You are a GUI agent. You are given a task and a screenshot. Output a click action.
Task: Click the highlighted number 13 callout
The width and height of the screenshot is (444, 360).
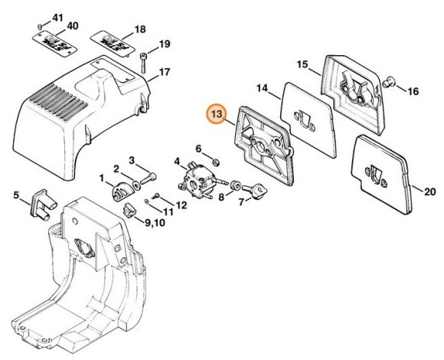point(217,114)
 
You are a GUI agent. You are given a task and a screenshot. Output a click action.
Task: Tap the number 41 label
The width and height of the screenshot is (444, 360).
point(57,18)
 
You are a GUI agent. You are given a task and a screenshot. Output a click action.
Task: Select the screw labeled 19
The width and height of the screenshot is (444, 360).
point(143,63)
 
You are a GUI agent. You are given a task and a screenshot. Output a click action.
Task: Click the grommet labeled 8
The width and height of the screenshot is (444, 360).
point(236,185)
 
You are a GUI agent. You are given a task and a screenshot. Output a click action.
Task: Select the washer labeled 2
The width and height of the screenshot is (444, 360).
point(137,186)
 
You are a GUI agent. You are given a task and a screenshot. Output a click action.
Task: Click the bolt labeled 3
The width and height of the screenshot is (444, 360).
point(148,178)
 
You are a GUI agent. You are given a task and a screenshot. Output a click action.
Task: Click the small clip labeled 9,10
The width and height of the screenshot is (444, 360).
point(129,210)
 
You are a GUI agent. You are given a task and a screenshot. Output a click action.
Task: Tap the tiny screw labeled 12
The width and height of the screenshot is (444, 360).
point(157,195)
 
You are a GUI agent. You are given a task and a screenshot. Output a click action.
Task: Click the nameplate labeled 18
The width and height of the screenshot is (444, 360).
point(113,43)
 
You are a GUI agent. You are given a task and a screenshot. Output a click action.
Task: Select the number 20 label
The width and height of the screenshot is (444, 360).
point(430,191)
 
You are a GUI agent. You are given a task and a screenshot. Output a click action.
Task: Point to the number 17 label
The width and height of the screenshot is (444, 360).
point(165,72)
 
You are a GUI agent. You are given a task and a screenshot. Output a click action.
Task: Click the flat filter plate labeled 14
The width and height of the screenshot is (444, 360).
point(309,120)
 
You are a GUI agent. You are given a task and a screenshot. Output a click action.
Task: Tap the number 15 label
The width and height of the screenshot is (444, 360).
point(302,64)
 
